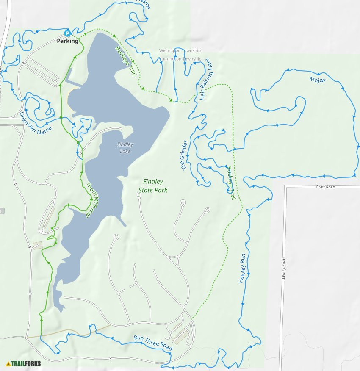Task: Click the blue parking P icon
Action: [67, 33]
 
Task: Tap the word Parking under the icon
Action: [68, 41]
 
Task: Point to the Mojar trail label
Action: [317, 80]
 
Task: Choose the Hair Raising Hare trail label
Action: [206, 80]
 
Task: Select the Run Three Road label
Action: [153, 343]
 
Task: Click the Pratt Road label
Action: [326, 187]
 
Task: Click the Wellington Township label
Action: [180, 50]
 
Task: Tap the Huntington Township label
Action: [180, 59]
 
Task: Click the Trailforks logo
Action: [24, 363]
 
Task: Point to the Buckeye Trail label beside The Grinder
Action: [230, 183]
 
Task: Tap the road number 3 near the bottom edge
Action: [110, 359]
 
